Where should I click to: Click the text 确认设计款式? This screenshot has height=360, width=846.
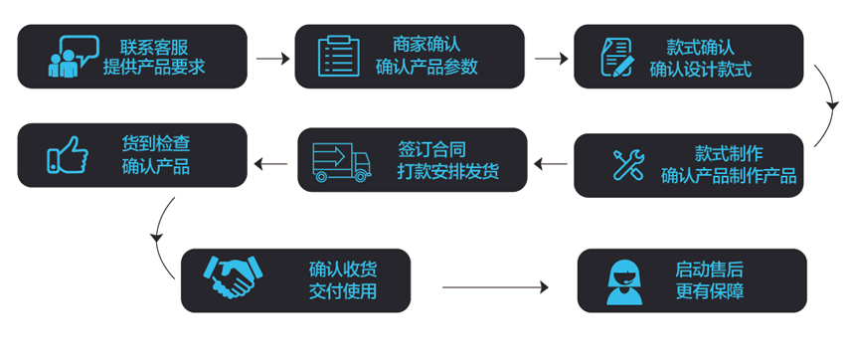(700, 70)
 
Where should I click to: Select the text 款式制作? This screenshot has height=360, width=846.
(729, 154)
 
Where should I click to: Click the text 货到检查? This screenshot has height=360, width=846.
(155, 144)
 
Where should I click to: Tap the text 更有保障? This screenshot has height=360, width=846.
(710, 292)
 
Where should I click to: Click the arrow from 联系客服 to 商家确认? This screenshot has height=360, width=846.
(271, 58)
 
